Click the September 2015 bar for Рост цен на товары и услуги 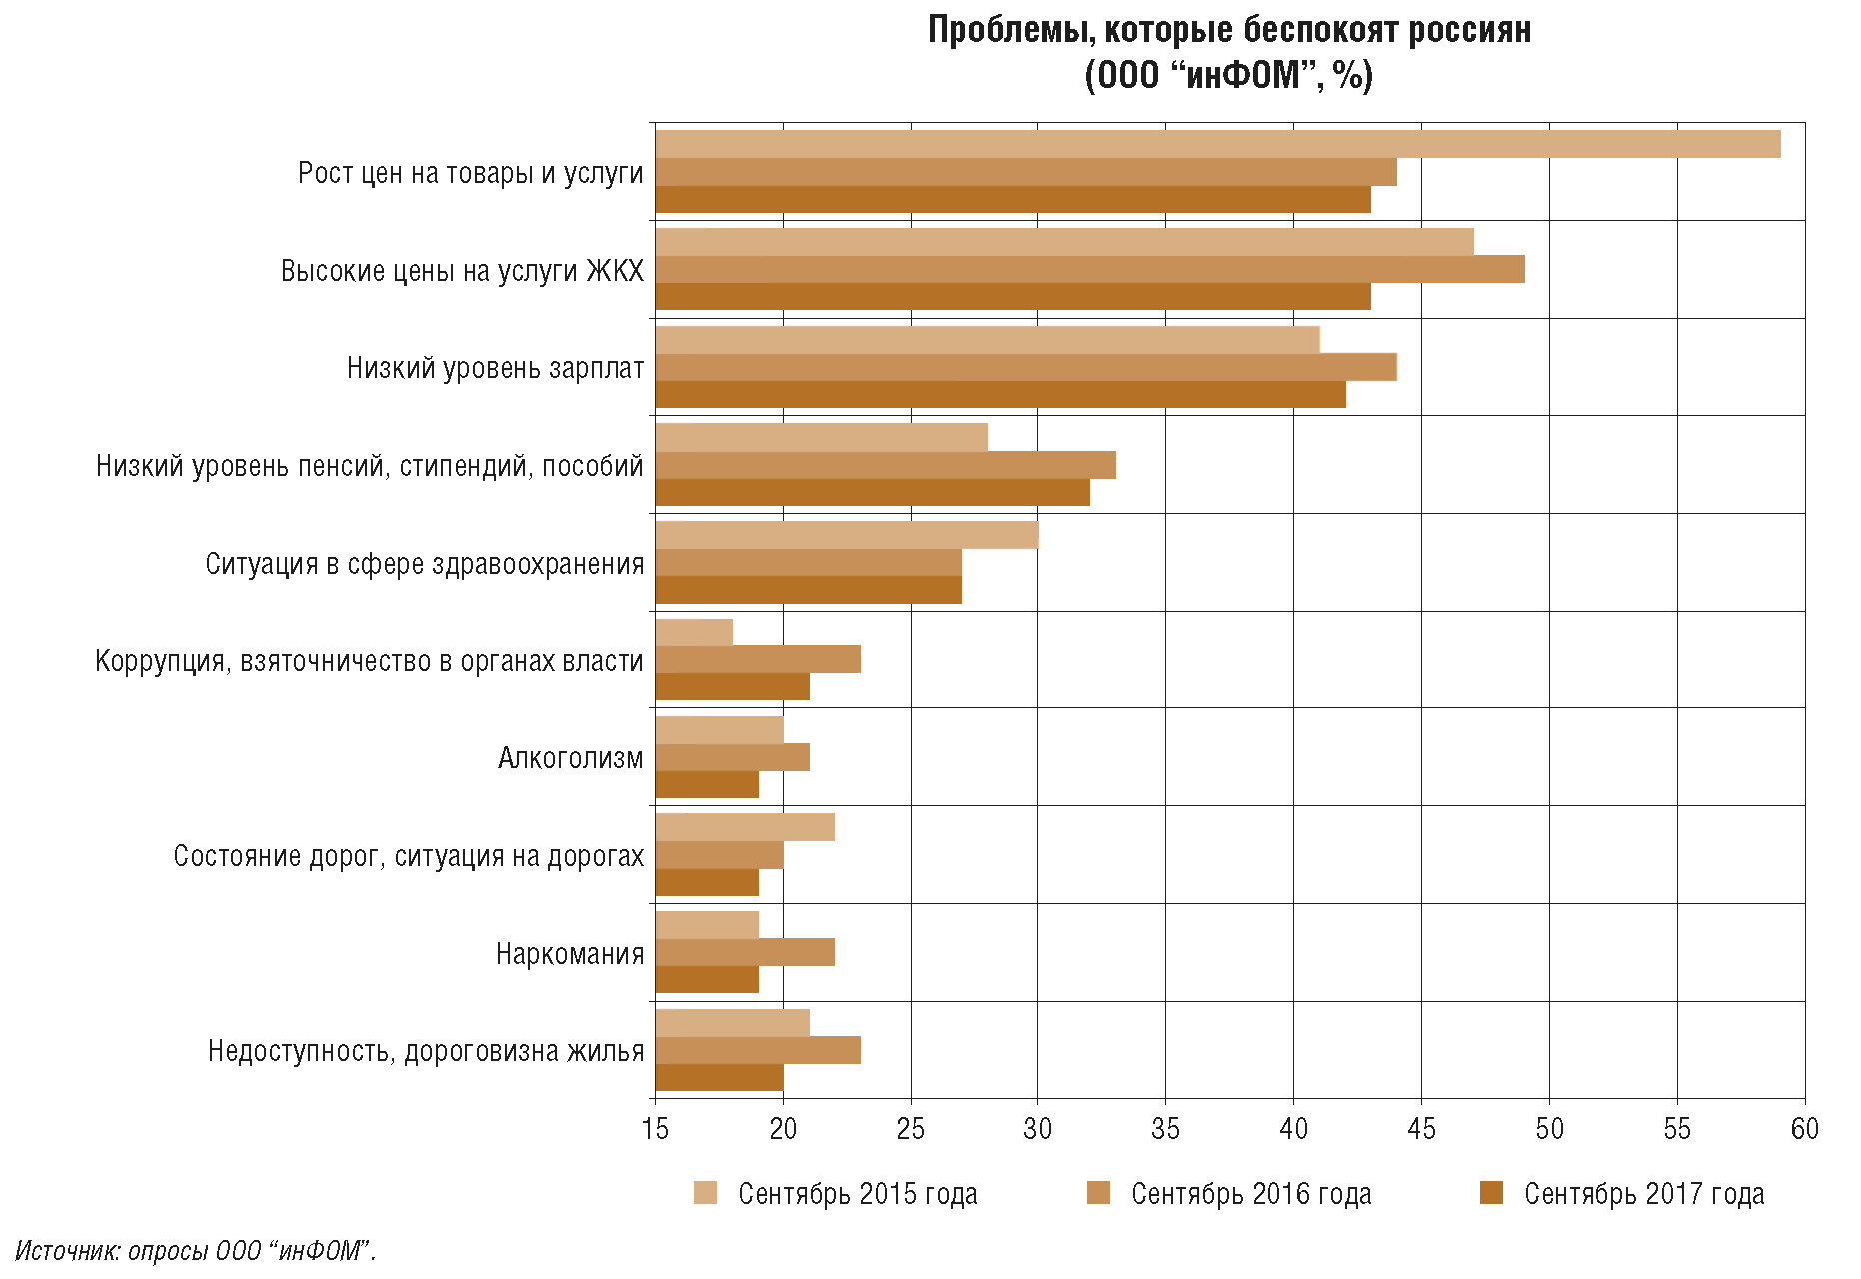[x=1217, y=144]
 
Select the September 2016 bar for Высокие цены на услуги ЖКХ [x=1089, y=270]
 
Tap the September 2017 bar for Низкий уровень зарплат [x=1000, y=395]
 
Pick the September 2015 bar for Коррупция [x=694, y=633]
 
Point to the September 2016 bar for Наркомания [x=745, y=953]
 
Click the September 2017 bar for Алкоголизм [x=707, y=785]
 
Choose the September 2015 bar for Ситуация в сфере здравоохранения [x=847, y=535]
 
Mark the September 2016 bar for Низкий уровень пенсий [x=886, y=466]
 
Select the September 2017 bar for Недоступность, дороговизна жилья [x=720, y=1078]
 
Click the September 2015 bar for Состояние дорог [x=745, y=828]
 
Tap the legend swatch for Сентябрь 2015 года [x=706, y=1193]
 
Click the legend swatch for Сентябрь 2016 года [x=1098, y=1193]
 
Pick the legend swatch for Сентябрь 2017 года [x=1491, y=1193]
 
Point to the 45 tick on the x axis [x=1421, y=1130]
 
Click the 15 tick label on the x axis [x=655, y=1130]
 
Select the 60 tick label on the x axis [x=1805, y=1130]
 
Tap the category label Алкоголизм [x=570, y=759]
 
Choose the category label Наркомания [x=570, y=954]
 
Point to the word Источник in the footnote [x=67, y=1251]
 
